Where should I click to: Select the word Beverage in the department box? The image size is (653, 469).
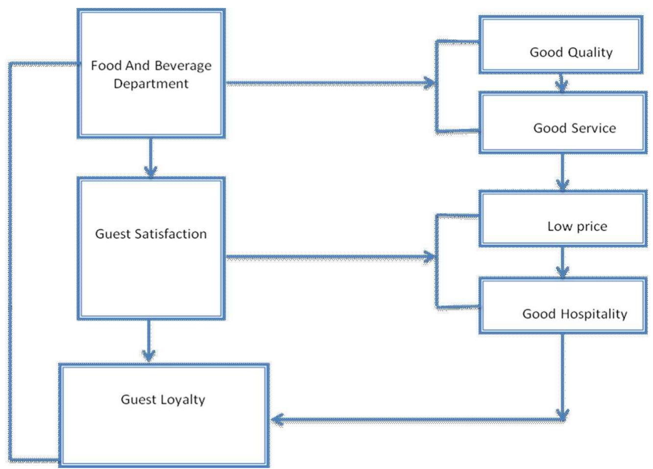183,66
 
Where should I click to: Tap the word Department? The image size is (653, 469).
151,84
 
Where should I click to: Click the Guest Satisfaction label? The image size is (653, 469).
151,234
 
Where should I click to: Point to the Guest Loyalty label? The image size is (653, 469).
163,399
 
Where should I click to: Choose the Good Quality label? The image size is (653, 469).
571,52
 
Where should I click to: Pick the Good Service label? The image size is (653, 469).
574,128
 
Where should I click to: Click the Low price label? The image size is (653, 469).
577,226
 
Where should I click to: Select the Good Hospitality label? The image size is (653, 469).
574,314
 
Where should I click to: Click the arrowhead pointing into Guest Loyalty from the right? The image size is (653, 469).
277,420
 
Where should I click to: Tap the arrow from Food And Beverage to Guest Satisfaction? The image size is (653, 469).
150,157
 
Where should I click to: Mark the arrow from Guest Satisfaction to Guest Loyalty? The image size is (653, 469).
148,341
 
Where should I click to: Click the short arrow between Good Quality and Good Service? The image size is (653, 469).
562,83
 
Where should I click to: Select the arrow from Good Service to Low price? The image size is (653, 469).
562,172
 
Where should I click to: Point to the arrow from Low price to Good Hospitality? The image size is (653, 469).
562,262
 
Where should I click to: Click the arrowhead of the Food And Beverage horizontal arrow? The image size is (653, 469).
430,83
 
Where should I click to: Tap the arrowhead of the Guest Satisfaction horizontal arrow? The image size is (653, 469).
430,257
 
